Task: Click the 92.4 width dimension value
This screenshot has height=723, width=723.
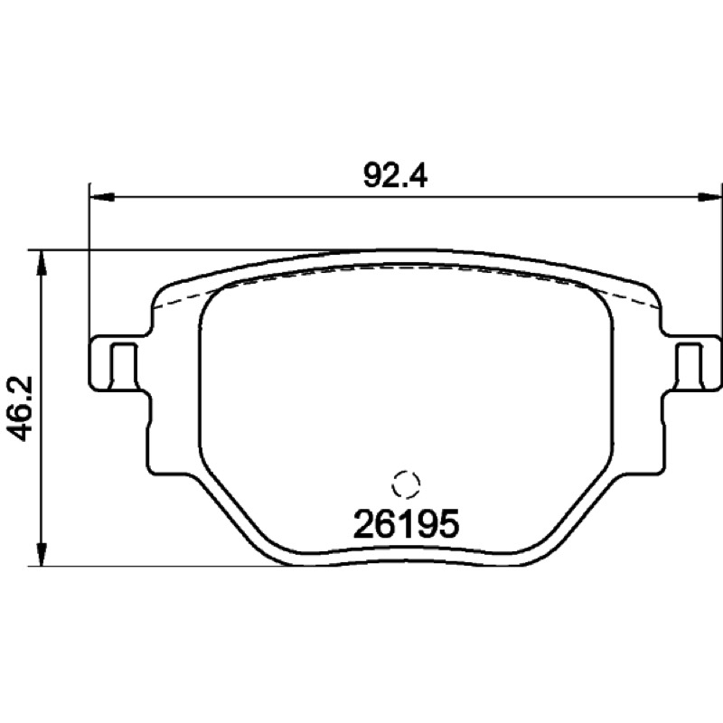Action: pyautogui.click(x=395, y=175)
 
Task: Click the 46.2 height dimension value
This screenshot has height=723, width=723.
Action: pyautogui.click(x=20, y=408)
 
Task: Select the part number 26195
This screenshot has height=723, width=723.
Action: pyautogui.click(x=406, y=524)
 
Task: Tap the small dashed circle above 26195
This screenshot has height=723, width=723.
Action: pyautogui.click(x=406, y=484)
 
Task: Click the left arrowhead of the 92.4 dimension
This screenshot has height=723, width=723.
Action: pyautogui.click(x=101, y=197)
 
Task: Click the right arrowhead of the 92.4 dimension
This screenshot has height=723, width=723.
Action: pyautogui.click(x=709, y=197)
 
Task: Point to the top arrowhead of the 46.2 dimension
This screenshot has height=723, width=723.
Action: pyautogui.click(x=42, y=263)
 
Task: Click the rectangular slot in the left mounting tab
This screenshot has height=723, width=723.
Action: pyautogui.click(x=123, y=365)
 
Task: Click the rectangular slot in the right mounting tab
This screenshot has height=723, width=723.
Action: pyautogui.click(x=690, y=365)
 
